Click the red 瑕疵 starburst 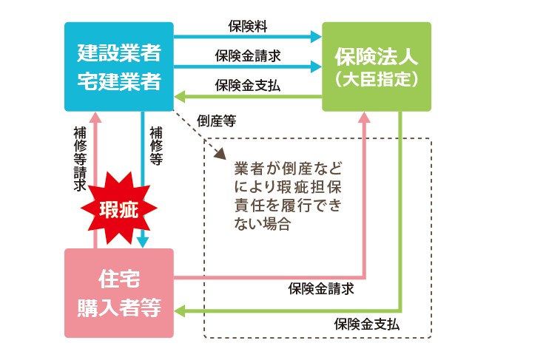(x=118, y=209)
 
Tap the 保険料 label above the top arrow (x=247, y=25)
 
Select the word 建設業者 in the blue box (x=118, y=53)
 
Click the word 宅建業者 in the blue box (x=118, y=81)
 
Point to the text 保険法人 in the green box (x=377, y=55)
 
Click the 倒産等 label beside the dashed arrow (x=217, y=120)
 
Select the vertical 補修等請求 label (x=80, y=159)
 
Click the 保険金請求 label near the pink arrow (x=321, y=288)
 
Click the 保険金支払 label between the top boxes (x=248, y=85)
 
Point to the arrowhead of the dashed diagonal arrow (x=220, y=157)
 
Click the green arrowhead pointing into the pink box (x=180, y=312)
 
